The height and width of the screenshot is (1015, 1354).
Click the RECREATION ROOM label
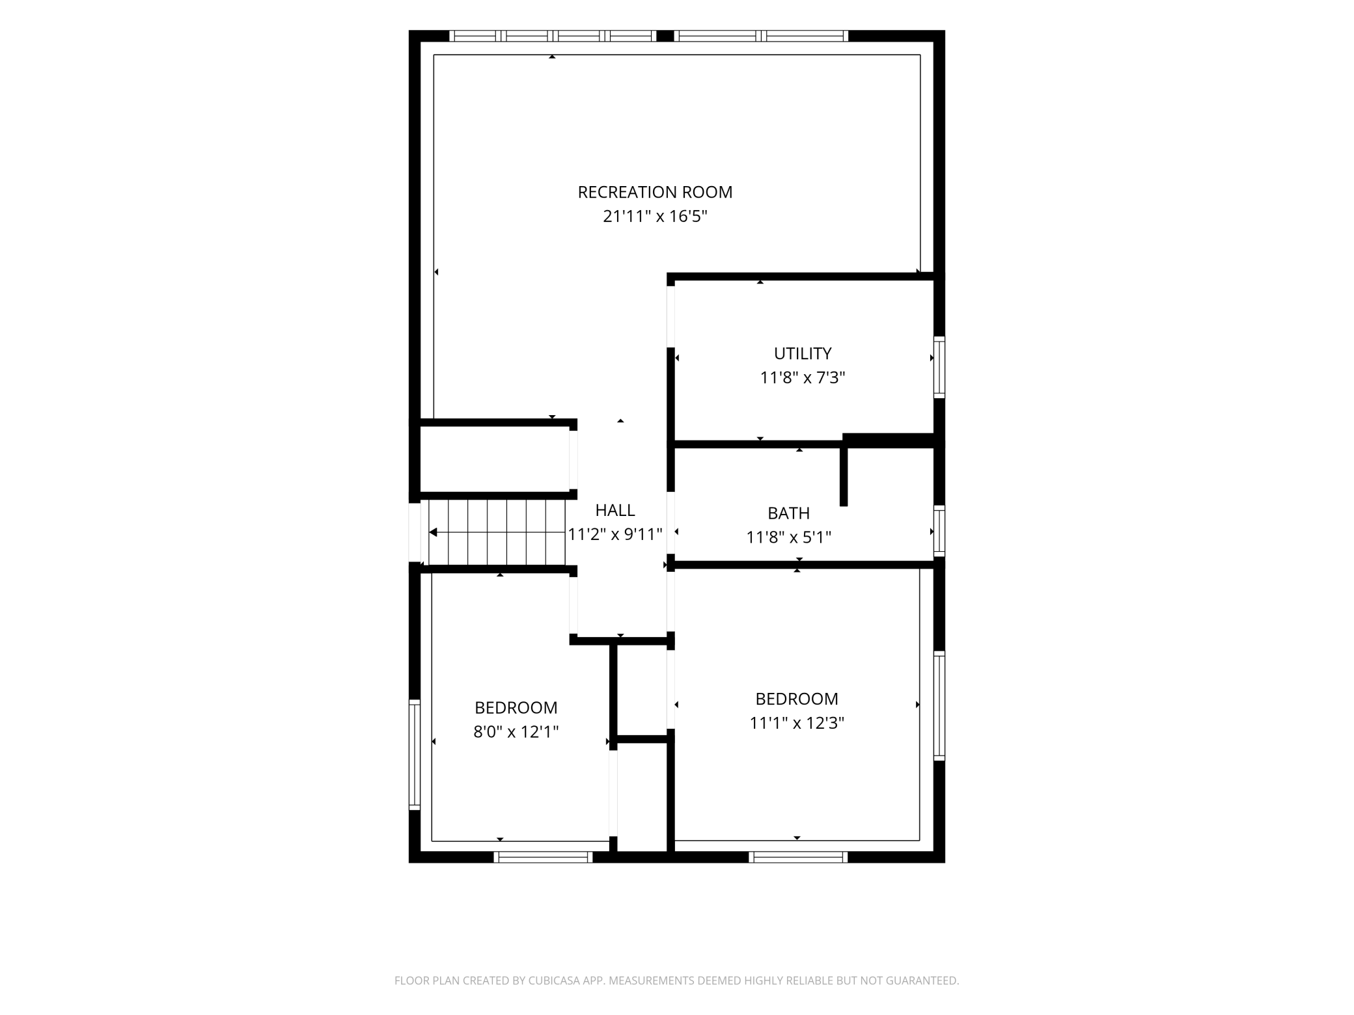click(655, 192)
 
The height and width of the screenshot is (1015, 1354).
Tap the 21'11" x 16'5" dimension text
click(655, 216)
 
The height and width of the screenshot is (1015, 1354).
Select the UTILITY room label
click(803, 353)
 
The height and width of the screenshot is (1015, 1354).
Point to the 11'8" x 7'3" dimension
click(803, 377)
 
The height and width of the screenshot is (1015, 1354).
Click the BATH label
click(789, 513)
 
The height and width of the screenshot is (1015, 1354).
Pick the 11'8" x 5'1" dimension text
click(789, 537)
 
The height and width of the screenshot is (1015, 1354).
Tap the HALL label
click(615, 510)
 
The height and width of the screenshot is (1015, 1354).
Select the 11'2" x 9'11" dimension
click(615, 534)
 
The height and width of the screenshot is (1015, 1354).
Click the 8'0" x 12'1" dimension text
click(516, 732)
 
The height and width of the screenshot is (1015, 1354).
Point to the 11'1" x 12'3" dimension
click(797, 723)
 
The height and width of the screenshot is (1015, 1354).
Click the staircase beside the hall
click(497, 533)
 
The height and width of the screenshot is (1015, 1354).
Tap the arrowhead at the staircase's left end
click(433, 533)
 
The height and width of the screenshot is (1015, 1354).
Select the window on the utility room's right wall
click(939, 367)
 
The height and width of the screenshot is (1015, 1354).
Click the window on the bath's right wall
click(939, 531)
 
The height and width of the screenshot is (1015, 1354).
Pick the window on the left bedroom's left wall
click(414, 755)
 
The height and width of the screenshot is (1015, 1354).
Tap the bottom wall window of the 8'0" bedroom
click(543, 857)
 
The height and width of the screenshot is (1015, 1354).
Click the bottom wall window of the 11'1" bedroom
click(798, 857)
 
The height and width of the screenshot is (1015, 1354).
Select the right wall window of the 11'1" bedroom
click(939, 706)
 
